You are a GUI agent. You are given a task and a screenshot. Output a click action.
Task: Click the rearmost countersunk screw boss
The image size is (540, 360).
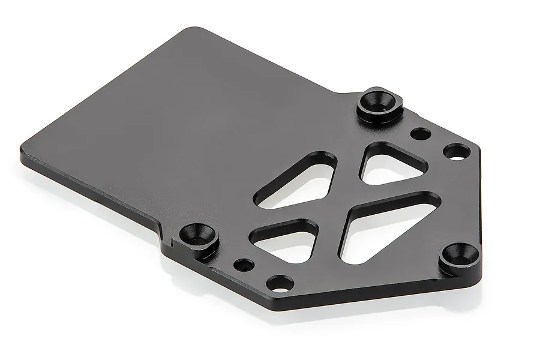click(x=376, y=103)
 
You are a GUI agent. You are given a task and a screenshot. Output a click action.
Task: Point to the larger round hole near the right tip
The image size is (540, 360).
click(x=457, y=152)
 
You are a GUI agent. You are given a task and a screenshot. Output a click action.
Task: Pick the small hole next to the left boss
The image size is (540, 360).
click(x=244, y=264)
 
